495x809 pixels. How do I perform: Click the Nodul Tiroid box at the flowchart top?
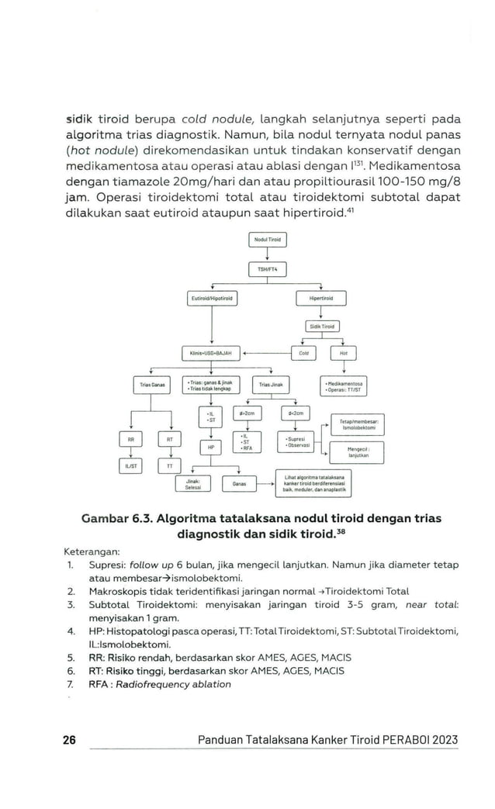(x=267, y=240)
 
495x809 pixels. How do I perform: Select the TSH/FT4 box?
(x=267, y=269)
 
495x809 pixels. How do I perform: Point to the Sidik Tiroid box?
(x=321, y=327)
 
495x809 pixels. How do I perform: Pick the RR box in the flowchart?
(x=131, y=439)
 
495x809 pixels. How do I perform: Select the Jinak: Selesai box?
(x=194, y=483)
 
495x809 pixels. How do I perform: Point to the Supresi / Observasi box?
(x=295, y=444)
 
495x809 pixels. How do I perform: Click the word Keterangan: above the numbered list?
(x=92, y=552)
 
